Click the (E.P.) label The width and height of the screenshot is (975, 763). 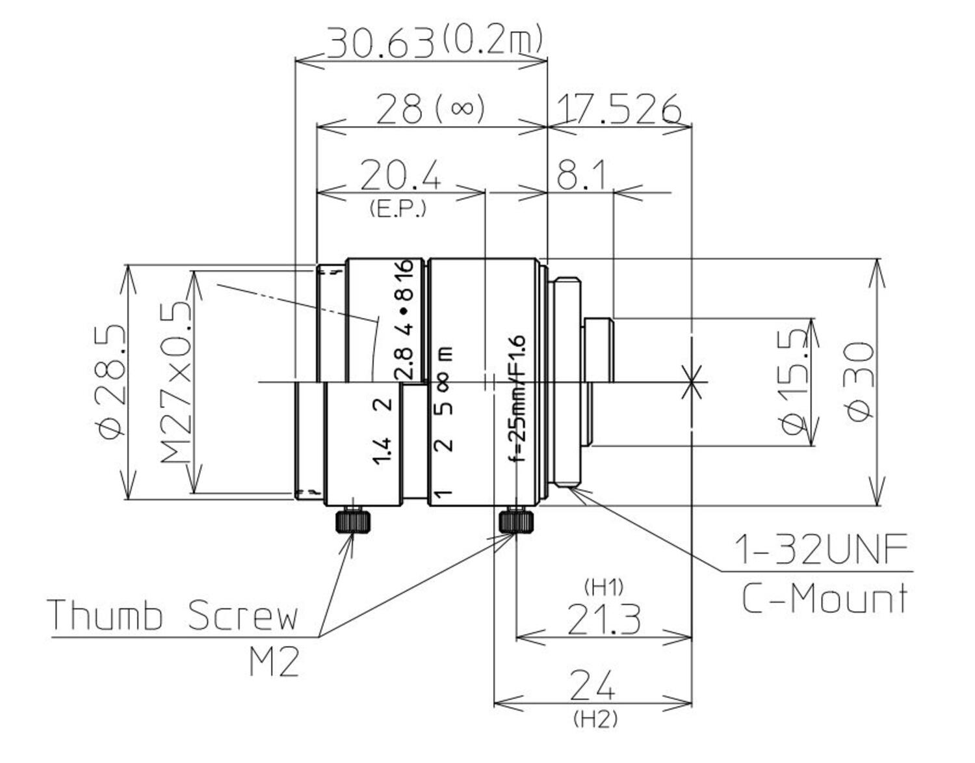click(397, 209)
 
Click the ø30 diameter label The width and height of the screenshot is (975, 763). click(859, 382)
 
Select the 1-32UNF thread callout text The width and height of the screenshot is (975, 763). click(820, 550)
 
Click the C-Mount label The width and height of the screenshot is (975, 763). click(824, 598)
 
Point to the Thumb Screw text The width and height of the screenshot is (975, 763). click(173, 615)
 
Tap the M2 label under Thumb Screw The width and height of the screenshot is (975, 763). click(274, 663)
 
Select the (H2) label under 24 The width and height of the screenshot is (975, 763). click(595, 719)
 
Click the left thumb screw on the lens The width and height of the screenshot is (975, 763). click(354, 520)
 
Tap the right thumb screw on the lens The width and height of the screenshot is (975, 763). click(516, 520)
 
